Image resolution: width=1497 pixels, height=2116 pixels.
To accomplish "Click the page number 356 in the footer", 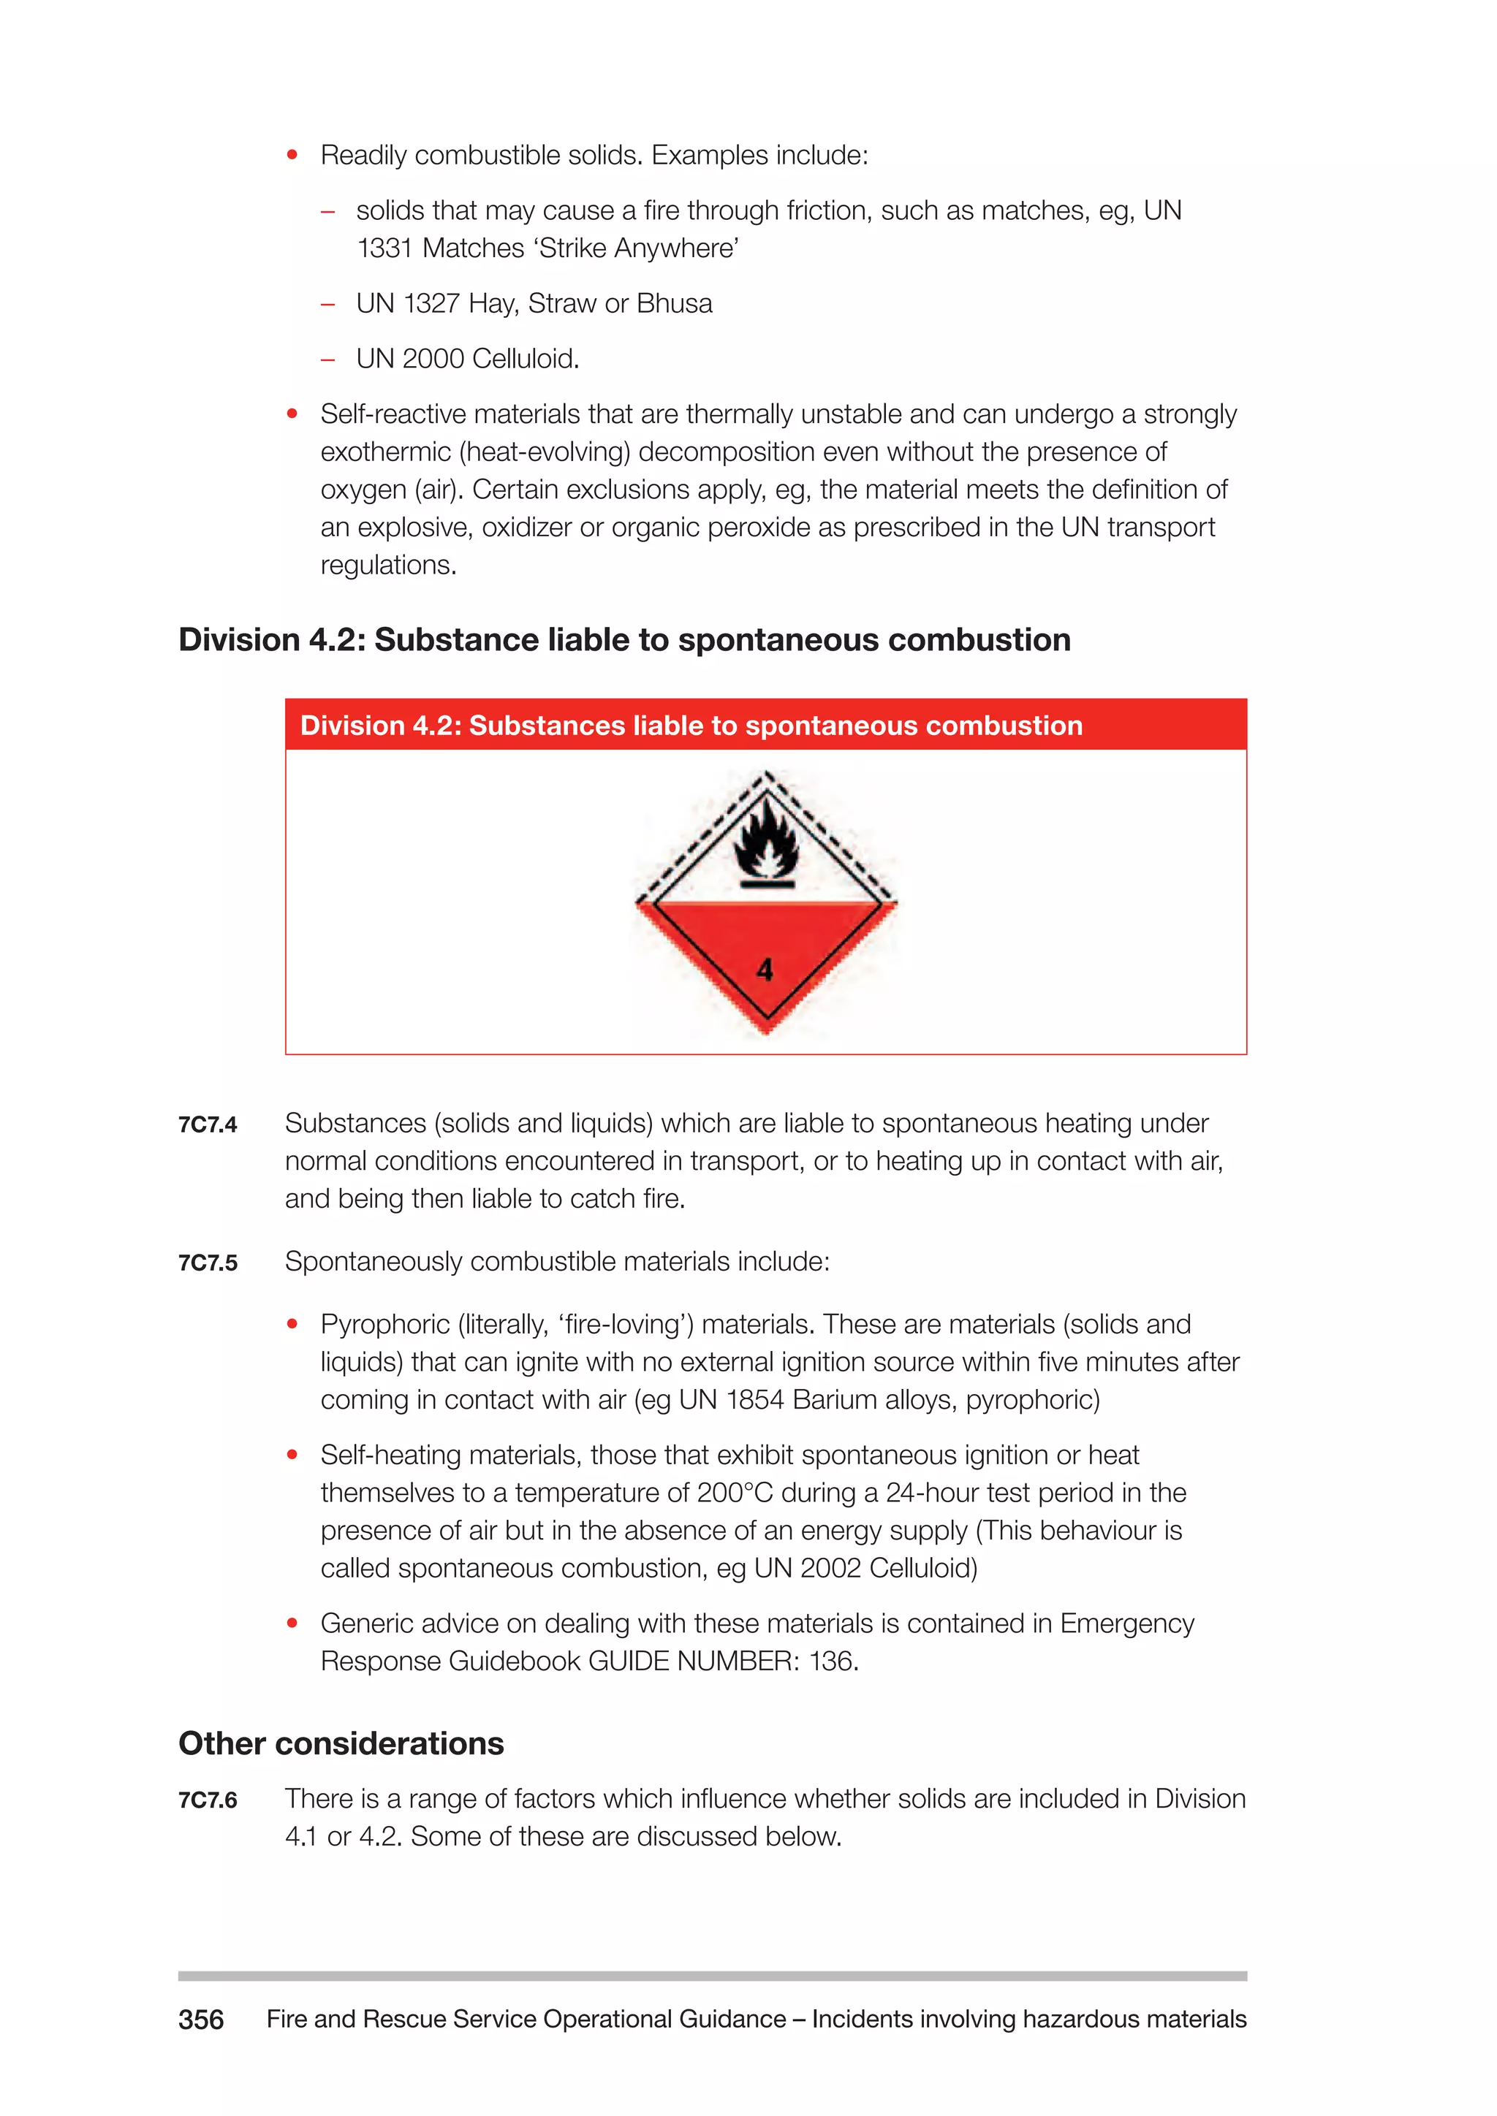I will click(201, 2020).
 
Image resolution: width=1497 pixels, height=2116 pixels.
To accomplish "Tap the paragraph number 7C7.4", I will click(208, 1124).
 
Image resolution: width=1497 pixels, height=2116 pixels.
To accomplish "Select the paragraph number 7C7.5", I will click(208, 1263).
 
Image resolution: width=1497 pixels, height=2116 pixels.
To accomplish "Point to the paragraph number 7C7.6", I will click(208, 1800).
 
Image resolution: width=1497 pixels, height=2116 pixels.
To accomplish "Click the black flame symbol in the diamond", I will click(766, 840).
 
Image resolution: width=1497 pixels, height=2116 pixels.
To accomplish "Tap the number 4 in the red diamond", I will click(764, 970).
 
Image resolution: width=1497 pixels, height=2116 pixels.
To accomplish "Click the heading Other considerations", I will click(341, 1743).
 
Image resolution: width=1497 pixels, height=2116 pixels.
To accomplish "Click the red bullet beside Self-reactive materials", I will click(292, 414).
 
